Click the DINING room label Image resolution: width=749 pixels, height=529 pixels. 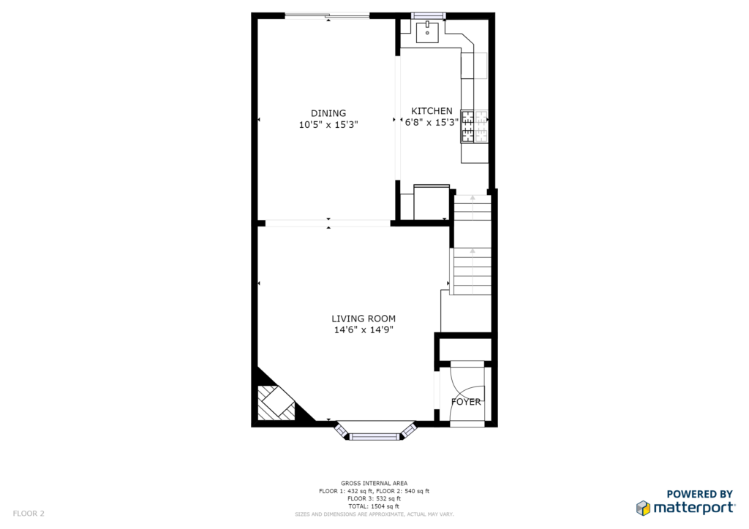[328, 113]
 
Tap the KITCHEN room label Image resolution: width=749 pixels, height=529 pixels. [432, 110]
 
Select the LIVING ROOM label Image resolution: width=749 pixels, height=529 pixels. [364, 318]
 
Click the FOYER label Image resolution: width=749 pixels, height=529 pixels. [466, 402]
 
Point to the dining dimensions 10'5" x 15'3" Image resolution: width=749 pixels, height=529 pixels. [328, 125]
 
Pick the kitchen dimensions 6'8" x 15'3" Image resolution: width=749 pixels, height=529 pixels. [432, 123]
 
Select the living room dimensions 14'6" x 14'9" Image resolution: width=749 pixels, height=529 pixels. [364, 330]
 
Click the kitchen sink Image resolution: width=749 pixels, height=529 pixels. [427, 32]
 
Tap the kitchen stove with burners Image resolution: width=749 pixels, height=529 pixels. [474, 126]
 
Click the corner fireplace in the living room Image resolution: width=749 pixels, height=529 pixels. [276, 403]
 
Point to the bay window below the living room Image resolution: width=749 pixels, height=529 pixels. [374, 431]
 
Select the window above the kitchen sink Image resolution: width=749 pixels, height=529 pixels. [429, 16]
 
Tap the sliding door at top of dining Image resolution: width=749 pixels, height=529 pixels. [327, 16]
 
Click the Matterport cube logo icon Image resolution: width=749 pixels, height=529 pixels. [643, 508]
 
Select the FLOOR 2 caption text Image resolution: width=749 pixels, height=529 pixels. [29, 513]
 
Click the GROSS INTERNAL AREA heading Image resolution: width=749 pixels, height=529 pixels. [374, 483]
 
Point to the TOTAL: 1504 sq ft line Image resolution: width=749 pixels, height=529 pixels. [374, 506]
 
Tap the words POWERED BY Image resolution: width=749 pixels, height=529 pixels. [699, 494]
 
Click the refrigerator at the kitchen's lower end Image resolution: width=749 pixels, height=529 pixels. [432, 202]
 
